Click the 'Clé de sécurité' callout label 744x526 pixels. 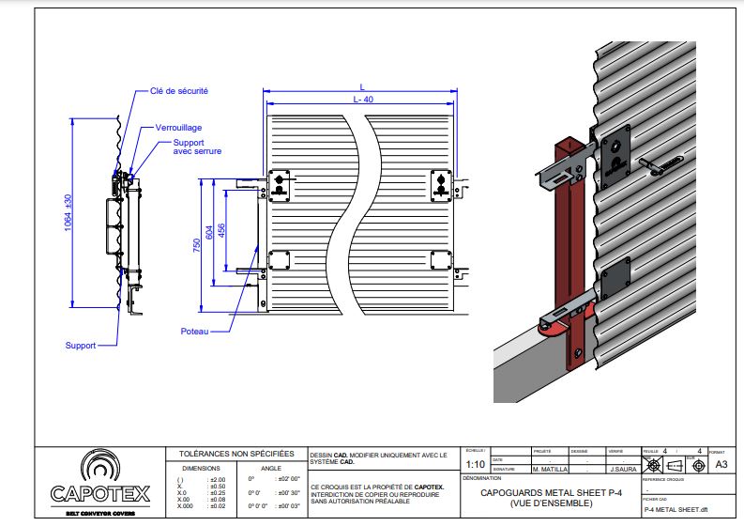coord(179,91)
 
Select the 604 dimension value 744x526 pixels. coord(209,231)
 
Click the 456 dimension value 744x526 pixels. coord(221,231)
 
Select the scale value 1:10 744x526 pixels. coord(476,464)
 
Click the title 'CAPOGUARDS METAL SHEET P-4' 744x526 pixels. coord(551,492)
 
